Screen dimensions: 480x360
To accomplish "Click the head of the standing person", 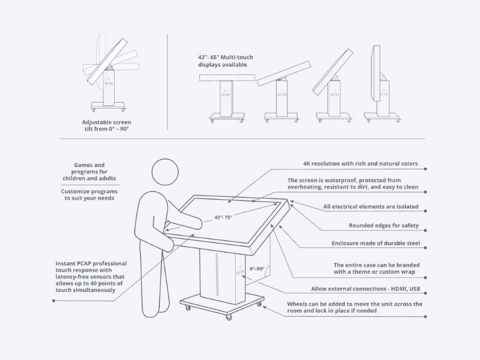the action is [165, 172].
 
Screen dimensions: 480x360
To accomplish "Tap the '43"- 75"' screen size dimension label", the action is [223, 217].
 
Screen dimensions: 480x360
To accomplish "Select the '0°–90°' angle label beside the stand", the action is [257, 269].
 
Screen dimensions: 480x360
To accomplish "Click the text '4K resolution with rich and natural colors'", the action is [361, 164].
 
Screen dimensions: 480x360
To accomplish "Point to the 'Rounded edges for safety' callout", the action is [383, 226].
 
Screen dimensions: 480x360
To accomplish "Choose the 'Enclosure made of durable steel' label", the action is [376, 244].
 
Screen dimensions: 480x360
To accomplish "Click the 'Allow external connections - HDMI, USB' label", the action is [365, 289].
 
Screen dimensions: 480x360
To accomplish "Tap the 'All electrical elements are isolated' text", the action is [371, 206].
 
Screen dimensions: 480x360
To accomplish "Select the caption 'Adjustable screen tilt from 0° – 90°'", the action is [107, 125].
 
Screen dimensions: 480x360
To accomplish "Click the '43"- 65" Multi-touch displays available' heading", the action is [226, 61].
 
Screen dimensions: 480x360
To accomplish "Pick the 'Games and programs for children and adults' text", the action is [89, 172].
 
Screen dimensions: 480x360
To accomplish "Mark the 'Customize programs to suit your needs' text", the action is [89, 194].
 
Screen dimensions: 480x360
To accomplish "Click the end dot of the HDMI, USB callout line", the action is [425, 293].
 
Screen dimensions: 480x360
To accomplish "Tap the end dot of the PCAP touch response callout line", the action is [53, 301].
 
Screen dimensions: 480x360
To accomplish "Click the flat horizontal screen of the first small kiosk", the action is [227, 78].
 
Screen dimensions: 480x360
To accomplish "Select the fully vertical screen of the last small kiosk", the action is [376, 73].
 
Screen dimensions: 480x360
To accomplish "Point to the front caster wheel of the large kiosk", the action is [229, 317].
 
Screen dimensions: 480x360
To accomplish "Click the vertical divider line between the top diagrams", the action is [167, 82].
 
